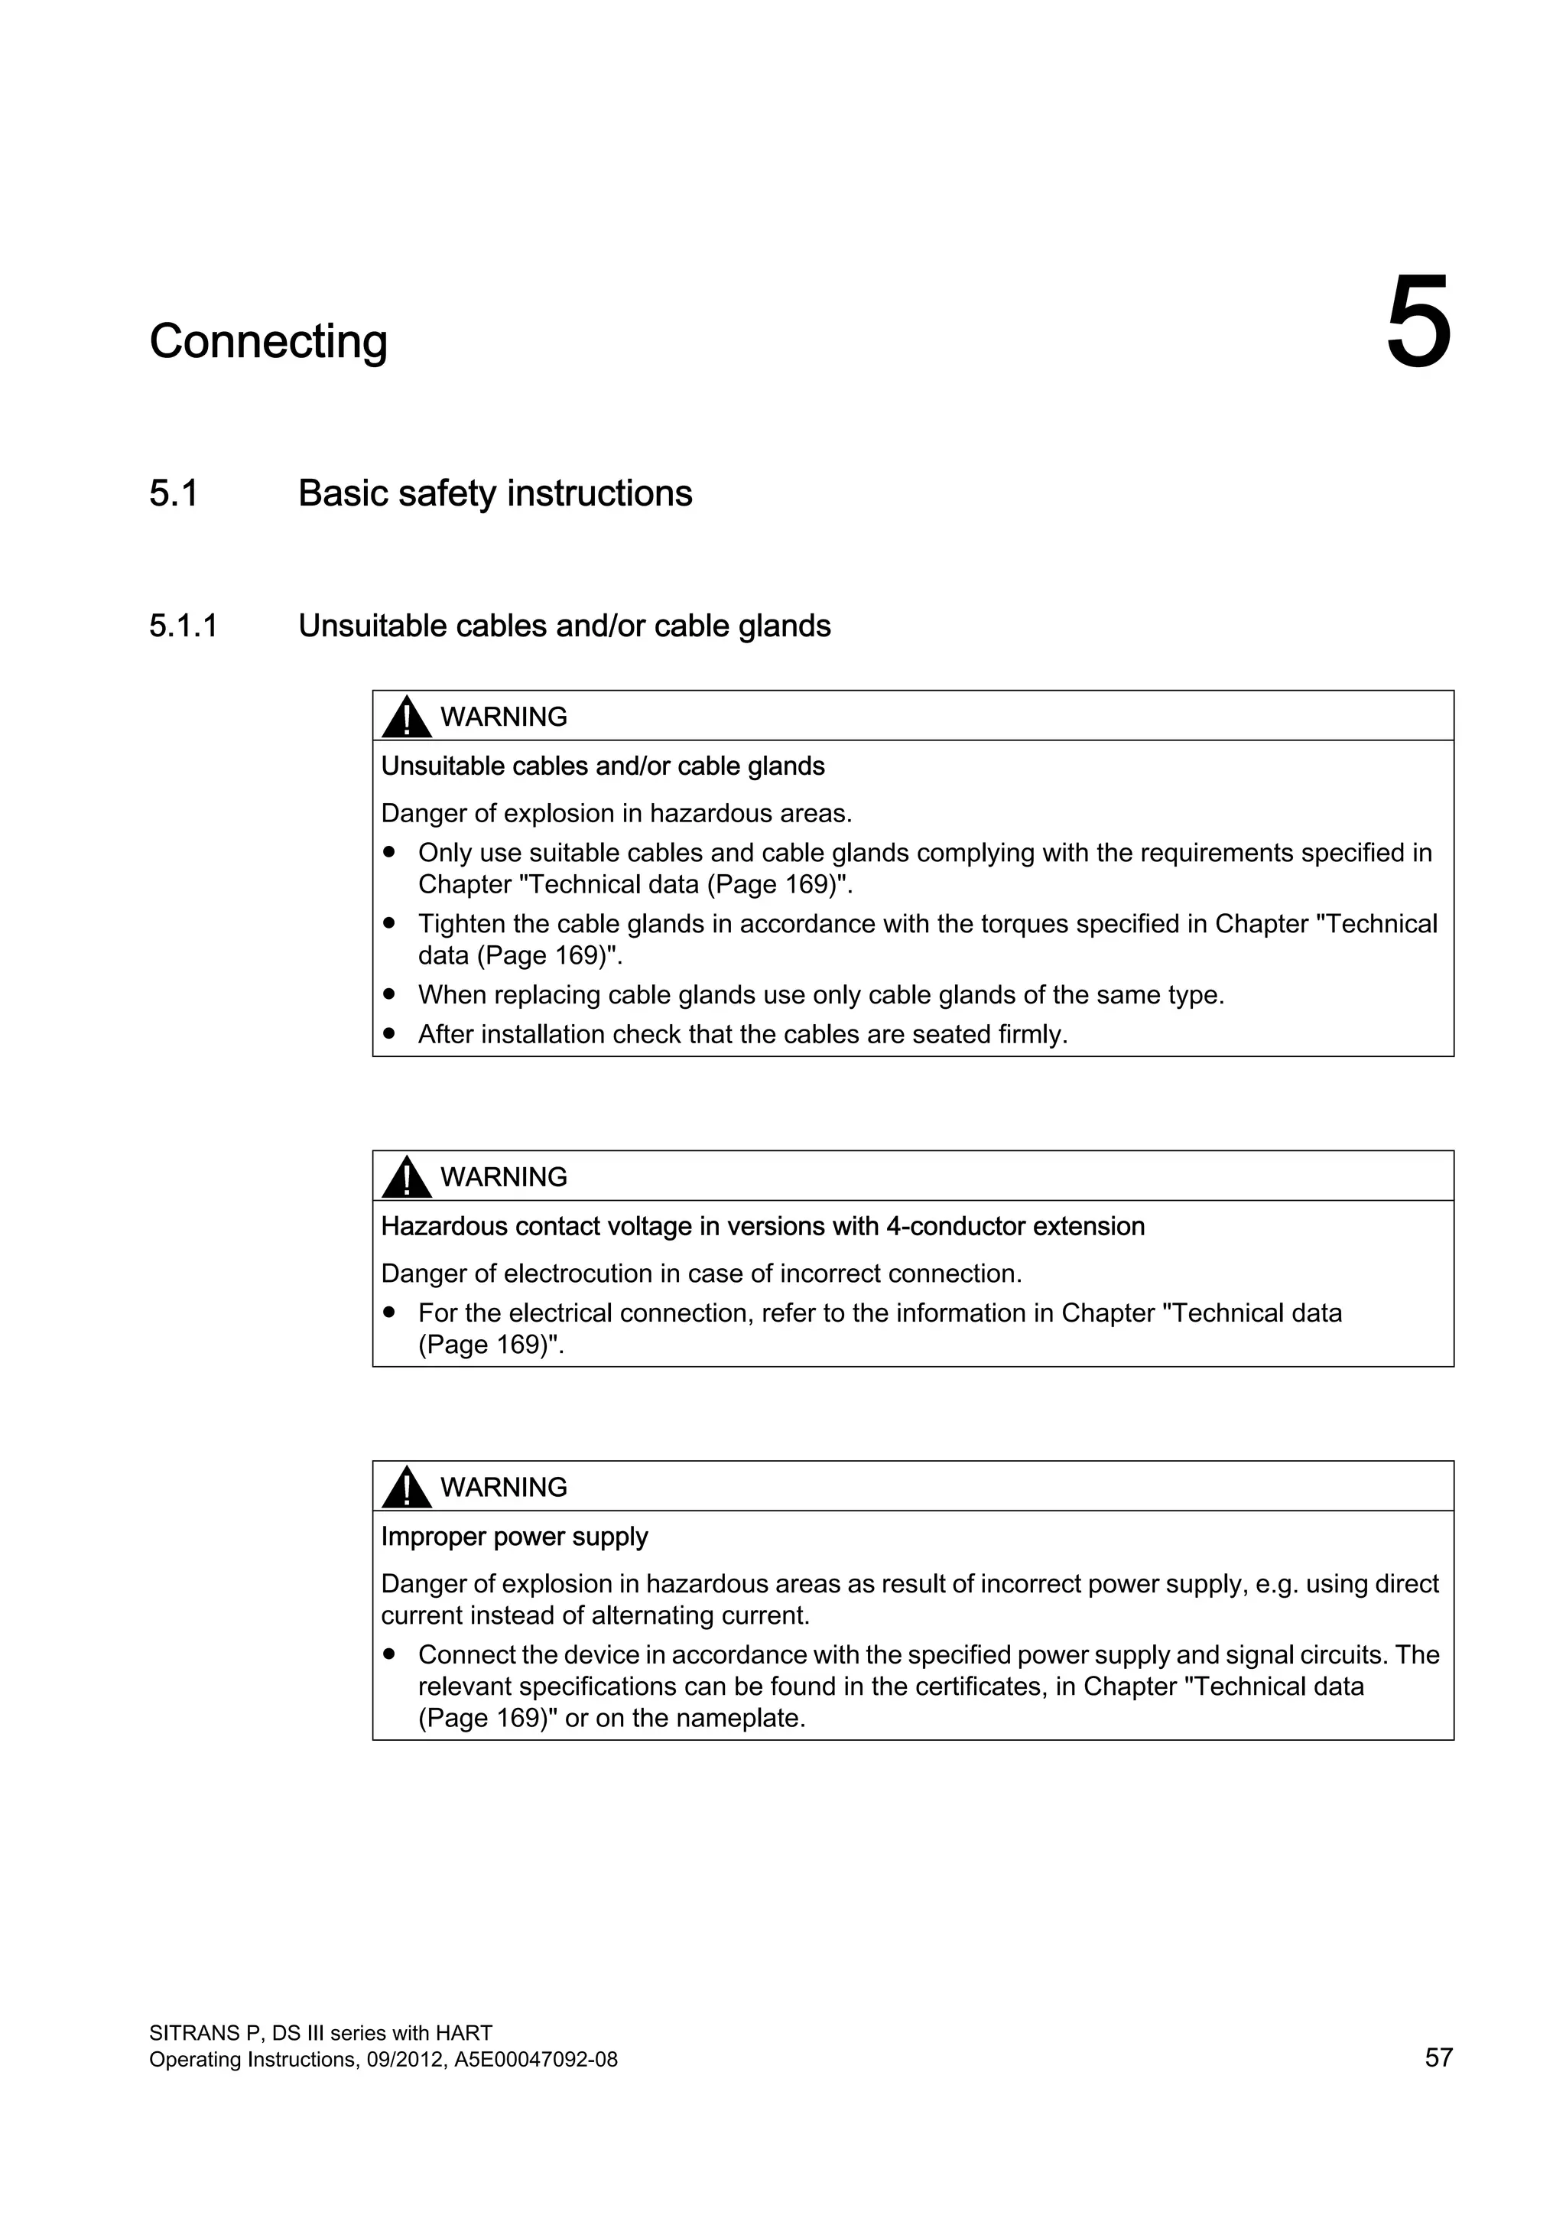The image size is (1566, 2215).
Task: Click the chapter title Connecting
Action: pyautogui.click(x=268, y=342)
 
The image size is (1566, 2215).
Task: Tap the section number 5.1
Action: pyautogui.click(x=174, y=493)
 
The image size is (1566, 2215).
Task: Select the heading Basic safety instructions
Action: pyautogui.click(x=495, y=493)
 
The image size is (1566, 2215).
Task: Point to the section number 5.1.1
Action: pyautogui.click(x=184, y=626)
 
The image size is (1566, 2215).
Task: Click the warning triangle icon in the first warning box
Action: pyautogui.click(x=406, y=717)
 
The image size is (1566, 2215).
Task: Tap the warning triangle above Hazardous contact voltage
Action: pyautogui.click(x=406, y=1177)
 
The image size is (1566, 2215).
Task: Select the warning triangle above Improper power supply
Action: pyautogui.click(x=406, y=1487)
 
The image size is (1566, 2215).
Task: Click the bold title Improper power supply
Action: pyautogui.click(x=514, y=1536)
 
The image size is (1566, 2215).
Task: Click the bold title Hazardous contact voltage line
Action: pyautogui.click(x=762, y=1226)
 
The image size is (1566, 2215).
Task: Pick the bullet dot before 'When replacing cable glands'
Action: pyautogui.click(x=389, y=993)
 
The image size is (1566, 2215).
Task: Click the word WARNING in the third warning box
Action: pyautogui.click(x=503, y=1487)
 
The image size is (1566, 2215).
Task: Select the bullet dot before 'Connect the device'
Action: pyautogui.click(x=389, y=1654)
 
